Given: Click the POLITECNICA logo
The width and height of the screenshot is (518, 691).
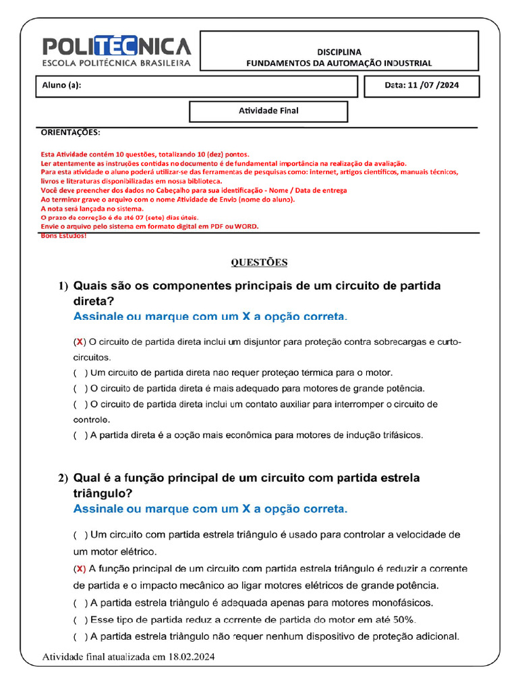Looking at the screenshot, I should click(x=117, y=47).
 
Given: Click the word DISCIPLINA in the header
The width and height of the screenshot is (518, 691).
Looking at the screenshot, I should click(x=339, y=51).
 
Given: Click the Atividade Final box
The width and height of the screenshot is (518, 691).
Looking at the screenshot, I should click(x=268, y=111).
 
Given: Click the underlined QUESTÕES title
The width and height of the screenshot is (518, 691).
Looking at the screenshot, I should click(x=259, y=262).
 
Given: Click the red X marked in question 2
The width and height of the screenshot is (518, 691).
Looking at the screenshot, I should click(x=80, y=568).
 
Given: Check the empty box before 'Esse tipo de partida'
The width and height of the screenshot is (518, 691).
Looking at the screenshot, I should click(x=80, y=619).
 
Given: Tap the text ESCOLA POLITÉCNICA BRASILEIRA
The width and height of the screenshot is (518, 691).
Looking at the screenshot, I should click(x=117, y=63).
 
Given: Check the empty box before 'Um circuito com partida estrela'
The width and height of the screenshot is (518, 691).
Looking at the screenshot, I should click(x=80, y=534).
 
